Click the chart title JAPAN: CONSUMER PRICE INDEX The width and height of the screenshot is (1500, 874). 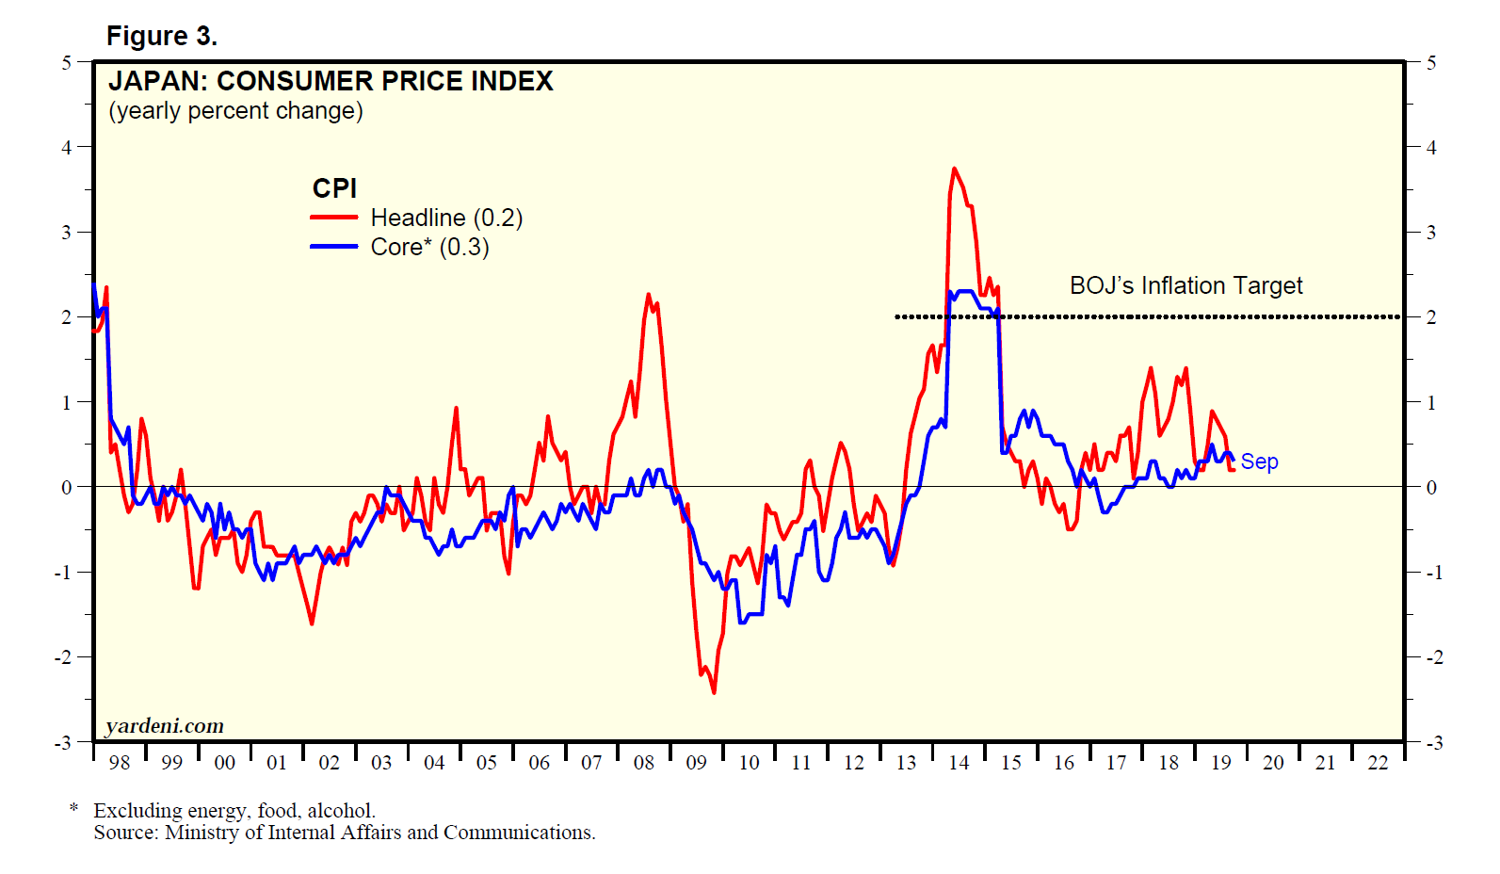tap(331, 82)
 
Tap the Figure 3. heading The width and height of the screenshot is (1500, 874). tap(161, 36)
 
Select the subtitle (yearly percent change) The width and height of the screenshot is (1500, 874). tap(235, 111)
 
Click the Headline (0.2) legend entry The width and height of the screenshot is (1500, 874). tap(445, 218)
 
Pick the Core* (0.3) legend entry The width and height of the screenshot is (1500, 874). tap(429, 247)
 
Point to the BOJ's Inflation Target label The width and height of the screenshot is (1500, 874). tap(1185, 285)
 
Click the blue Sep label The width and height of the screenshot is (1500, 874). tap(1259, 461)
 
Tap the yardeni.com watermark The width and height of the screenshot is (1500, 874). tap(165, 726)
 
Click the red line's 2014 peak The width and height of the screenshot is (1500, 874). tap(954, 169)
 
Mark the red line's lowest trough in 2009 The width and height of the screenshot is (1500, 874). tap(714, 692)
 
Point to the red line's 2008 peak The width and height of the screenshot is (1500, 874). tap(648, 295)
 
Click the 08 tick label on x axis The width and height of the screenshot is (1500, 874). tap(644, 763)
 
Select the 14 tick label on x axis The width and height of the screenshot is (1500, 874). tap(959, 763)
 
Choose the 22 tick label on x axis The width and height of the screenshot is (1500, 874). tap(1378, 763)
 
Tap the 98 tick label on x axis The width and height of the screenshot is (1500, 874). tap(120, 763)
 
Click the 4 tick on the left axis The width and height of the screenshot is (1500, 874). tap(66, 147)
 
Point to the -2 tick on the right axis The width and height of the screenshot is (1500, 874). tap(1433, 657)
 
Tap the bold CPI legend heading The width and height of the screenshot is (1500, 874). tap(334, 188)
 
